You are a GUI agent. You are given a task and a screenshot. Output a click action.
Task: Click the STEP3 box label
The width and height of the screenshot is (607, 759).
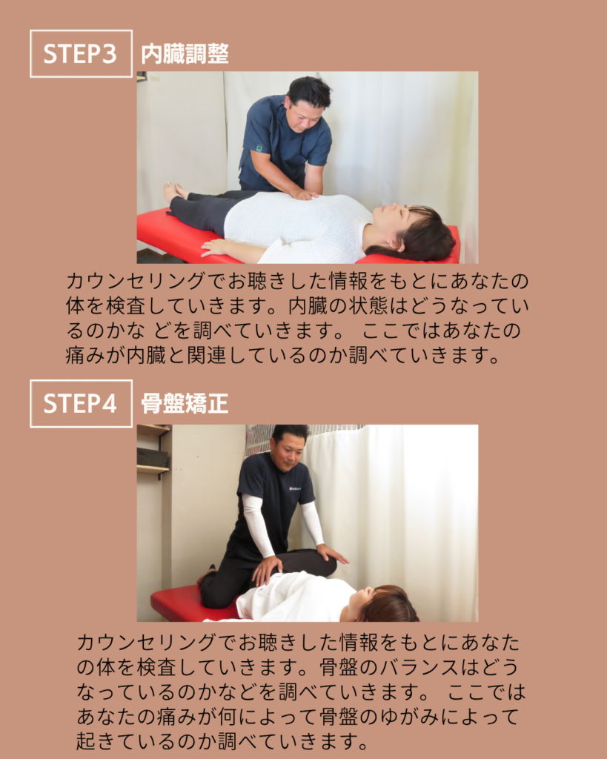(x=81, y=53)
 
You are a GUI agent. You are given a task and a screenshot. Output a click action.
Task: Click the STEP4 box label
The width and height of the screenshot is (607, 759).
(x=81, y=404)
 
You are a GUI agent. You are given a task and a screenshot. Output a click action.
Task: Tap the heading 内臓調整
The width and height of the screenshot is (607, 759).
(x=185, y=54)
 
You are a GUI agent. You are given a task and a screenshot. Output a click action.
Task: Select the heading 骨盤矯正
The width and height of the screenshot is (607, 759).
(x=185, y=404)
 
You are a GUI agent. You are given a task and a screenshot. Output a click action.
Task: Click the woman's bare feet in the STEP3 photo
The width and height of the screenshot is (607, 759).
(x=175, y=191)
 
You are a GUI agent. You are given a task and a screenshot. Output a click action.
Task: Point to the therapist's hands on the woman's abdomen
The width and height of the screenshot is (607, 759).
(x=305, y=195)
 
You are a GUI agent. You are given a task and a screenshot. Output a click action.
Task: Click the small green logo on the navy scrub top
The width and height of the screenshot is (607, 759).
(x=259, y=148)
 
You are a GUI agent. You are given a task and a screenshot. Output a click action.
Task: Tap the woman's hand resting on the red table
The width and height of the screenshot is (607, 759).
(x=214, y=247)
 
